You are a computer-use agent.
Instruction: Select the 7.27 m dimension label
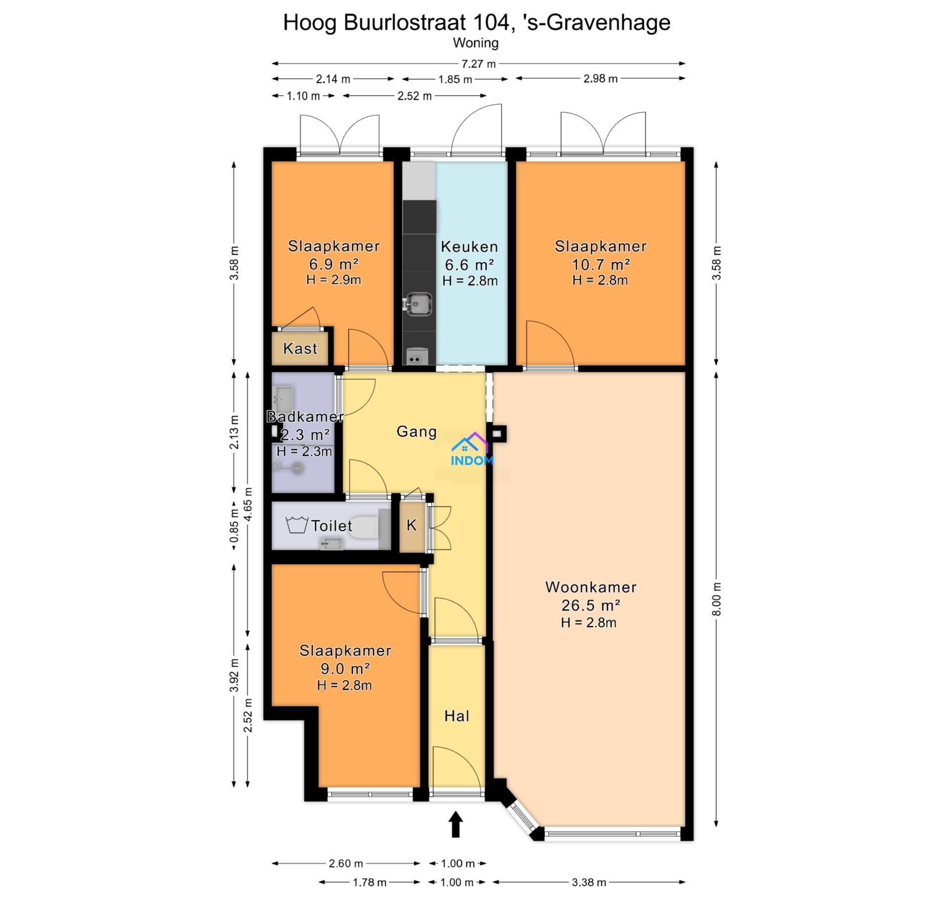[x=478, y=64]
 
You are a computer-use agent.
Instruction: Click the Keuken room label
[x=469, y=247]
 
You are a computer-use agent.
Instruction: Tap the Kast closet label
[x=300, y=349]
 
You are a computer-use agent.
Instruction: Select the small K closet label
[x=412, y=525]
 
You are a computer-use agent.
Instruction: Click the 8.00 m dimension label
[x=717, y=598]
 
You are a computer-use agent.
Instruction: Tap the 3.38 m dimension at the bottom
[x=588, y=882]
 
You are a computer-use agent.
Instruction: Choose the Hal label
[x=456, y=716]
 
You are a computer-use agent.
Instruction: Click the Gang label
[x=417, y=432]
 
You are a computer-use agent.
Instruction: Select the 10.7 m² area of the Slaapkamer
[x=601, y=264]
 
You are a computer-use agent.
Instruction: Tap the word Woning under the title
[x=475, y=43]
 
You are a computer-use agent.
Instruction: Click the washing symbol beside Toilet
[x=297, y=524]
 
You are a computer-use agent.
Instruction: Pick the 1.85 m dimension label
[x=455, y=79]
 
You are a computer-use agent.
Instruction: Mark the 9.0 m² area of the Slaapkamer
[x=345, y=668]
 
